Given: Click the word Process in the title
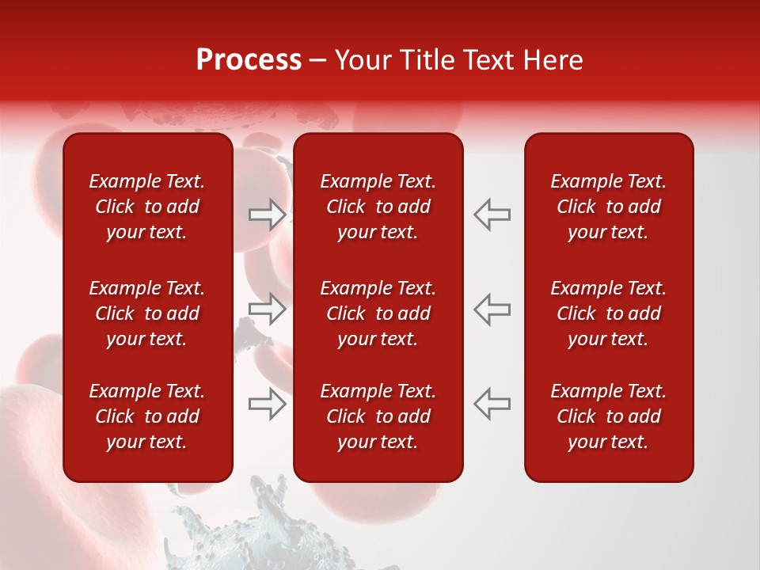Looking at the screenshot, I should click(249, 60).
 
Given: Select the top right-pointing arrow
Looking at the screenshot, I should click(267, 214).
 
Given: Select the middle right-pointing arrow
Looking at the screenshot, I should click(267, 309).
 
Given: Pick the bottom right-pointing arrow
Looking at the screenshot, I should click(267, 404).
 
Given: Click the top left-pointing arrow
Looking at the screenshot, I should click(492, 214).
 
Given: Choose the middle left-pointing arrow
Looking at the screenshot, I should click(492, 309).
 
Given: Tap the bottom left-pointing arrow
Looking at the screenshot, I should click(492, 404).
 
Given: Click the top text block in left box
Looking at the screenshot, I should click(147, 207).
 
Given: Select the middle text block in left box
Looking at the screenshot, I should click(147, 313).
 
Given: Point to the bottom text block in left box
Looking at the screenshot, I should click(147, 416).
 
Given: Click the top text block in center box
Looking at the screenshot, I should click(378, 207).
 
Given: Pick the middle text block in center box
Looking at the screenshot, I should click(378, 313).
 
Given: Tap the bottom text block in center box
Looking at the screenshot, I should click(378, 416).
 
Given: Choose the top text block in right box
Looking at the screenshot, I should click(609, 207).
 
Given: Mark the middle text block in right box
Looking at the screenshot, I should click(609, 313).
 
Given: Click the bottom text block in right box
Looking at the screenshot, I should click(609, 416).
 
